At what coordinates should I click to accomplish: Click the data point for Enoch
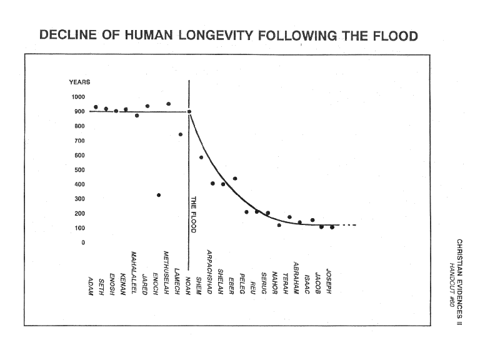click(x=159, y=195)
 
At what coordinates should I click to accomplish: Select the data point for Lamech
click(x=181, y=134)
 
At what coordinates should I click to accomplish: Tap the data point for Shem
click(x=201, y=157)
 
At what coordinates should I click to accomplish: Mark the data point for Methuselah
click(x=168, y=104)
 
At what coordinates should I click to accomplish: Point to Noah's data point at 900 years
click(x=189, y=112)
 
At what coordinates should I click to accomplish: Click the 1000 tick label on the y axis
click(x=78, y=97)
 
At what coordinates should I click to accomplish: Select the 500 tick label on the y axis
click(x=79, y=170)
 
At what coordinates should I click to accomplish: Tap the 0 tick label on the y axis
click(x=83, y=242)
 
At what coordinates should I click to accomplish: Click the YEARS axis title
click(x=79, y=82)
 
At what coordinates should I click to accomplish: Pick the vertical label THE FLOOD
click(x=194, y=214)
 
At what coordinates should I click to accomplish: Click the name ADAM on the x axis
click(x=90, y=286)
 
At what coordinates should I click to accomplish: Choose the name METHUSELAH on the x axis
click(x=166, y=272)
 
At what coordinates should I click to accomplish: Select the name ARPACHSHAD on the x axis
click(x=210, y=272)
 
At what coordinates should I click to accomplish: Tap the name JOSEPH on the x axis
click(x=329, y=281)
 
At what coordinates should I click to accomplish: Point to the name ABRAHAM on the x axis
click(x=296, y=278)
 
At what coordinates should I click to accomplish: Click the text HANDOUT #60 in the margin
click(x=451, y=285)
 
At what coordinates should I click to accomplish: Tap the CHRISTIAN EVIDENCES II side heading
click(x=459, y=282)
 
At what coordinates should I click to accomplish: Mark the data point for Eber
click(x=235, y=179)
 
